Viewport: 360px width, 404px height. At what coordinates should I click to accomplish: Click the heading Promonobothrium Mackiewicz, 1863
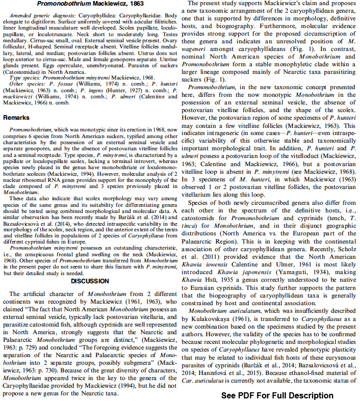click(89, 5)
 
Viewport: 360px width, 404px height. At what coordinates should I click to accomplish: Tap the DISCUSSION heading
click(90, 281)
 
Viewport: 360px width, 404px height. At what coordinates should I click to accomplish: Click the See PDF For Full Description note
click(277, 395)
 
